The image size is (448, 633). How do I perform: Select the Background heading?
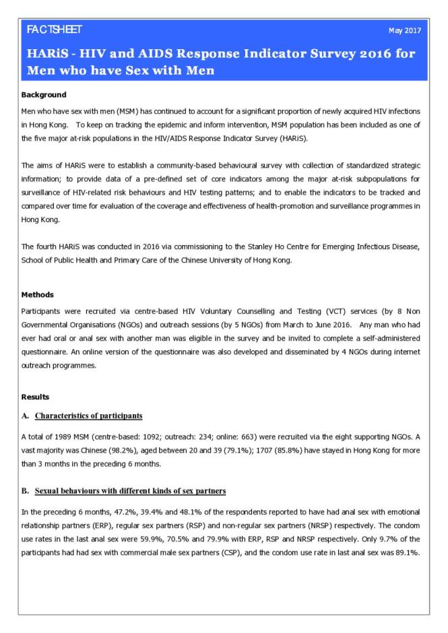43,94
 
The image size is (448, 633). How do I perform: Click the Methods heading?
38,295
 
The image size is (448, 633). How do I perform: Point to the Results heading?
37,397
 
